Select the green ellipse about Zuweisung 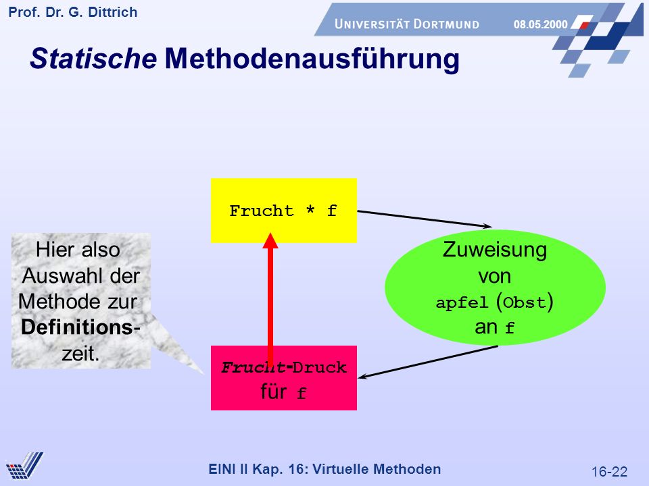pyautogui.click(x=495, y=288)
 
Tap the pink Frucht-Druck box pyautogui.click(x=283, y=378)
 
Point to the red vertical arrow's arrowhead pyautogui.click(x=270, y=240)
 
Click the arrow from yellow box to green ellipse pyautogui.click(x=425, y=219)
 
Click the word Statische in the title pyautogui.click(x=93, y=58)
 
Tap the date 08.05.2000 pyautogui.click(x=541, y=24)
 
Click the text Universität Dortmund pyautogui.click(x=407, y=24)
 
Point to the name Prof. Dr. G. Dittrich pyautogui.click(x=73, y=12)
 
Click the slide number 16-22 pyautogui.click(x=609, y=472)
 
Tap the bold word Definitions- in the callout pyautogui.click(x=80, y=327)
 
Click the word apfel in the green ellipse pyautogui.click(x=462, y=303)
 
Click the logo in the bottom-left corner pyautogui.click(x=24, y=466)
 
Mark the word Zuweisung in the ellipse pyautogui.click(x=495, y=250)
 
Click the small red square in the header pyautogui.click(x=584, y=26)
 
